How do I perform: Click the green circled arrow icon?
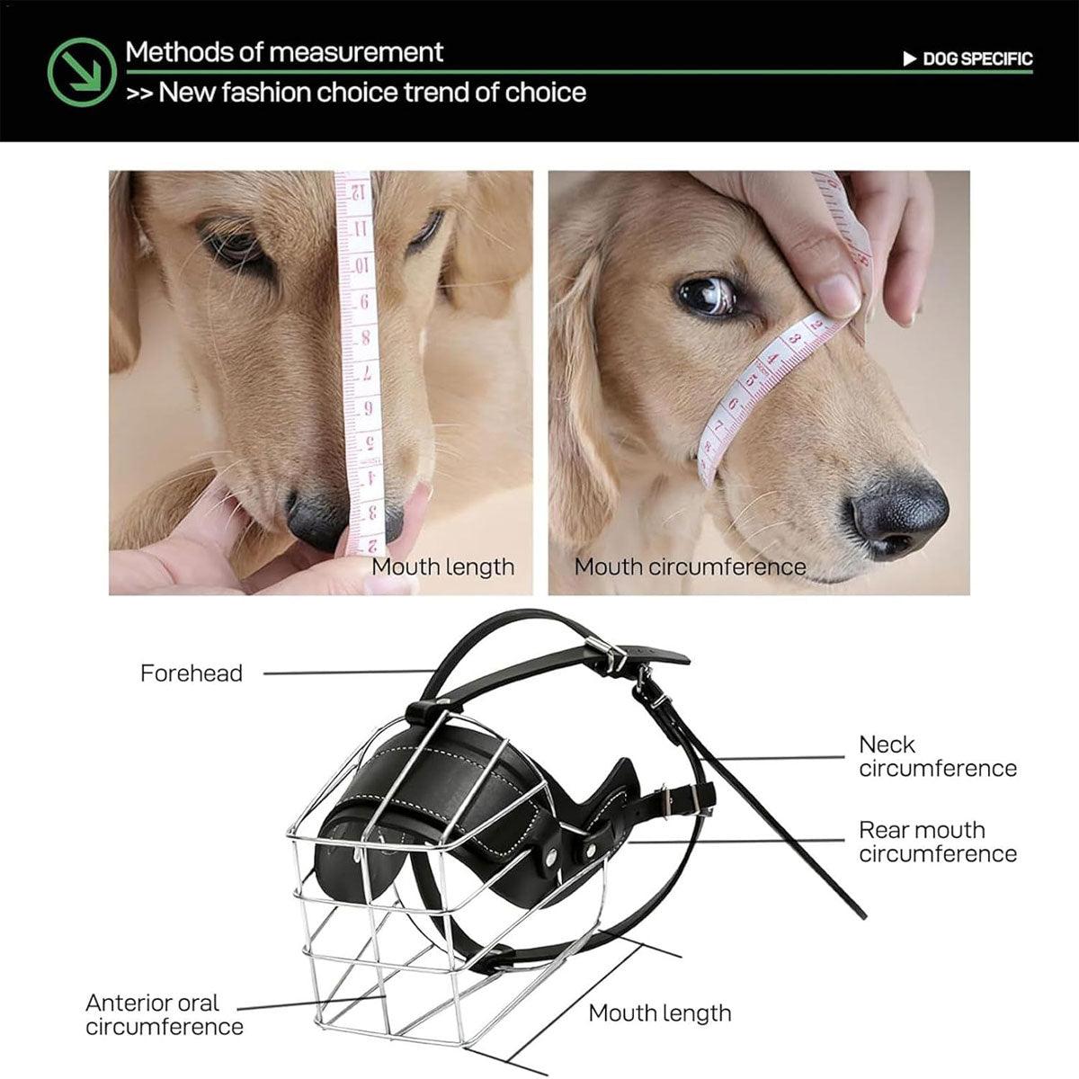[82, 72]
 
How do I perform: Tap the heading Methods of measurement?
[284, 52]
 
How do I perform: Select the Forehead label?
[192, 673]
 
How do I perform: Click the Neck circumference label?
[937, 756]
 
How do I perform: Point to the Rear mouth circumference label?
[937, 842]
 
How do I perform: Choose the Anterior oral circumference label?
[165, 1014]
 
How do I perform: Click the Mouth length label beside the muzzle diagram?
[659, 1013]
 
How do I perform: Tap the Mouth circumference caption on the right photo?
[690, 567]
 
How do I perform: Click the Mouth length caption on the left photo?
[442, 567]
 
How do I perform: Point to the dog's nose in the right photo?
[899, 515]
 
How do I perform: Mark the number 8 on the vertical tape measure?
[363, 339]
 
